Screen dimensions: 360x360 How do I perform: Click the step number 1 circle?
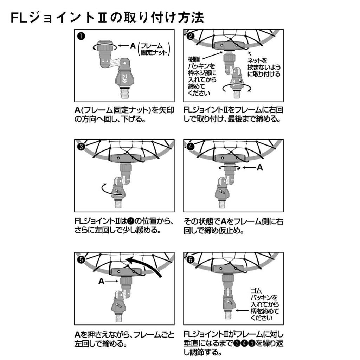pyautogui.click(x=81, y=36)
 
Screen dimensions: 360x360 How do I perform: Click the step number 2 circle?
pyautogui.click(x=191, y=36)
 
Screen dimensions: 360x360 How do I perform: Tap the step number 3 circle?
pyautogui.click(x=81, y=147)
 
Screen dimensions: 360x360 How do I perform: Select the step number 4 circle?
pyautogui.click(x=191, y=147)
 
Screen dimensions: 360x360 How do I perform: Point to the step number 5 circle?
pyautogui.click(x=81, y=259)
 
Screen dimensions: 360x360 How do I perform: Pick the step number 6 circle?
pyautogui.click(x=191, y=259)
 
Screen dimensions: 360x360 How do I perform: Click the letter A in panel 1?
pyautogui.click(x=133, y=46)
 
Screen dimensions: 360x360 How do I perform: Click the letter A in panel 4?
pyautogui.click(x=260, y=167)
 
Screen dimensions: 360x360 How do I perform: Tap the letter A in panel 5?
pyautogui.click(x=102, y=281)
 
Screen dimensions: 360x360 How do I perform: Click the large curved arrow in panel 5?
pyautogui.click(x=147, y=264)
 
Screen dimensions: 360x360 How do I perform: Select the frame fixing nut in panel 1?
pyautogui.click(x=105, y=46)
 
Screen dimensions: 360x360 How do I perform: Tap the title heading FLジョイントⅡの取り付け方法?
pyautogui.click(x=107, y=18)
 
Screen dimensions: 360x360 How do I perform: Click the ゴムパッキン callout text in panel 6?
pyautogui.click(x=265, y=304)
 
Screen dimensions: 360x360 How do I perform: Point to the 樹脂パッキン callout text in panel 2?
pyautogui.click(x=202, y=76)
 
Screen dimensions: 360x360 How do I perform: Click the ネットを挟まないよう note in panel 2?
pyautogui.click(x=264, y=67)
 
